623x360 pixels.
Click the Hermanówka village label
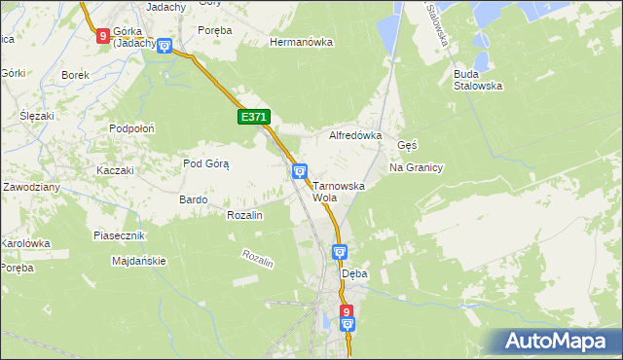(301, 43)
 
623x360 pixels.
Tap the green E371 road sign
(253, 117)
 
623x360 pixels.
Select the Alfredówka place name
(355, 136)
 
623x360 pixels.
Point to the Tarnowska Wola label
(338, 191)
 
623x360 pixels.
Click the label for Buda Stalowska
(477, 79)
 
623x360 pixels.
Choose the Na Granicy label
(417, 167)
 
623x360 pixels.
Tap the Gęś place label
(407, 145)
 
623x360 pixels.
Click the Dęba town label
(354, 274)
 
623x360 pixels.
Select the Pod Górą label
(205, 163)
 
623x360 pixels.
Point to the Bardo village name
(193, 199)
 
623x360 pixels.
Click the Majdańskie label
(139, 261)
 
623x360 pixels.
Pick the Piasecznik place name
(119, 235)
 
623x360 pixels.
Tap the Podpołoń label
(132, 127)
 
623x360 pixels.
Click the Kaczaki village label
(114, 170)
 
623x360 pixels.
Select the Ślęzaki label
(36, 115)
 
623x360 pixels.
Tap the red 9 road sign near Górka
(103, 36)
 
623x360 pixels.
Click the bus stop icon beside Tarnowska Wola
(300, 172)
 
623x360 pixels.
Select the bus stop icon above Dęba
(340, 253)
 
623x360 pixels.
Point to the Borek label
(75, 75)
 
